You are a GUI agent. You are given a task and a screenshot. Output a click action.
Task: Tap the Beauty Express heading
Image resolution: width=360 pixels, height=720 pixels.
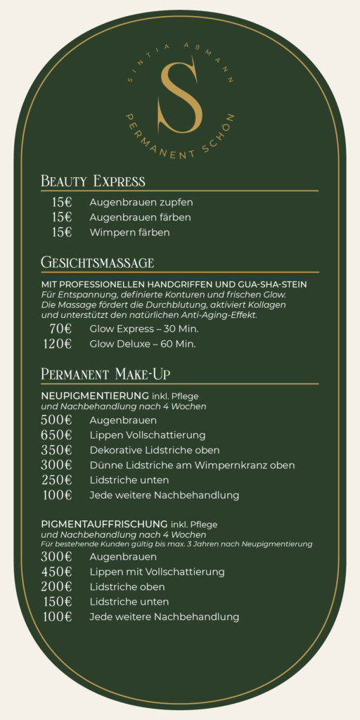[x=93, y=181]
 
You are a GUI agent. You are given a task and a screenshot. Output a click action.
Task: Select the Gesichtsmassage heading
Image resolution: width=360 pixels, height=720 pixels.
[x=97, y=263]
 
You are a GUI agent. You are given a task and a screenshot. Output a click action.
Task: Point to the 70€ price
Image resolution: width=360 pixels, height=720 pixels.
[x=60, y=328]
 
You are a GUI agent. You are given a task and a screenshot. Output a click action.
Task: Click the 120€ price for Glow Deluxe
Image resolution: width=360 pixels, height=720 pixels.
[x=57, y=344]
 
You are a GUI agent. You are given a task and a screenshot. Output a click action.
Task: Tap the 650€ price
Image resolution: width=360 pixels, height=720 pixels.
[x=56, y=435]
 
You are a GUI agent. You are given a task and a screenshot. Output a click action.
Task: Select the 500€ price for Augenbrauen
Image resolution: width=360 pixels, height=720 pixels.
[x=56, y=420]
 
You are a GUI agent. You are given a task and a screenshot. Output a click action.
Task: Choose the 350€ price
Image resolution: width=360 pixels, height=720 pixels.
[x=56, y=450]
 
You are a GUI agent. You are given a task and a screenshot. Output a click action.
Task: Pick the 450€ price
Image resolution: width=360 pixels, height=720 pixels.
[x=56, y=572]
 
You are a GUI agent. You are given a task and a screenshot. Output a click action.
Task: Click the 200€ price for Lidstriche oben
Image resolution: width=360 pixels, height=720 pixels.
[x=56, y=586]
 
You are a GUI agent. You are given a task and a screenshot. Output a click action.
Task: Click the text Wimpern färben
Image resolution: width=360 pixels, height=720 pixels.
[x=129, y=232]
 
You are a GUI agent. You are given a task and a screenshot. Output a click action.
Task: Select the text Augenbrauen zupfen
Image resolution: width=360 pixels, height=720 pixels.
[x=141, y=202]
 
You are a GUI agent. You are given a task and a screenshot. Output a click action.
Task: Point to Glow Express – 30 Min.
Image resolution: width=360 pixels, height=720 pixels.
[x=144, y=328]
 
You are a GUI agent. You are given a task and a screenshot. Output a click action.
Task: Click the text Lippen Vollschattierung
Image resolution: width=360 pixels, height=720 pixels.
[x=147, y=435]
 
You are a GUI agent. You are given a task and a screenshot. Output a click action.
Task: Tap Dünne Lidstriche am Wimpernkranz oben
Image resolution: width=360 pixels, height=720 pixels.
[x=192, y=465]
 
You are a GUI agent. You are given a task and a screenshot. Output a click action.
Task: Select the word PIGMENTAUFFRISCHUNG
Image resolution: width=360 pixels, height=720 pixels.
[x=104, y=525]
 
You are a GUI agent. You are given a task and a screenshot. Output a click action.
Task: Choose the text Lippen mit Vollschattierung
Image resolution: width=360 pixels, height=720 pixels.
[x=157, y=572]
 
